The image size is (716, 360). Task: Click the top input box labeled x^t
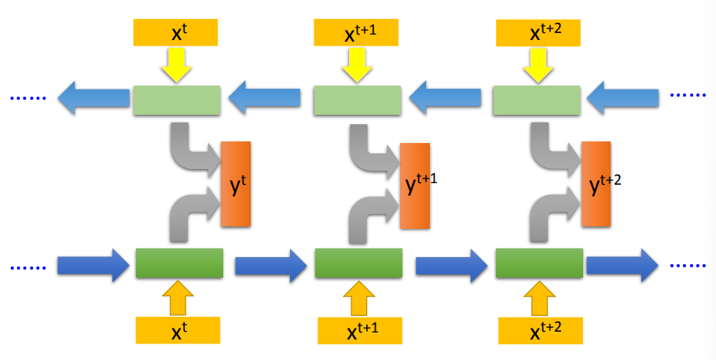pos(177,31)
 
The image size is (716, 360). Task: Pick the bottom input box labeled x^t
pos(178,330)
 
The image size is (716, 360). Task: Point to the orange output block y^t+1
pos(414,186)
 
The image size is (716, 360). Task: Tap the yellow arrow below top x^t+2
pos(538,64)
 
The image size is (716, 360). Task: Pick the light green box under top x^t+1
pos(358,101)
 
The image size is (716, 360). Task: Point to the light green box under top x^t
pos(177,101)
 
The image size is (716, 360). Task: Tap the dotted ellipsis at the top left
pos(28,97)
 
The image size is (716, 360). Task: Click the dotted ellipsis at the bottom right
pos(688,265)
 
